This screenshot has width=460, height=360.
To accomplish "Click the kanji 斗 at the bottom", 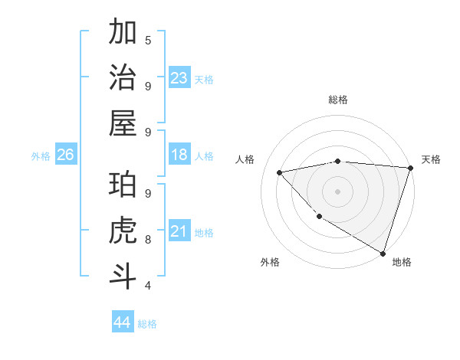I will [x=123, y=276].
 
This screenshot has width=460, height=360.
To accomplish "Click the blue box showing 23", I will [x=179, y=78].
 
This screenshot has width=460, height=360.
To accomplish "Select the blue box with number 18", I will [x=179, y=155].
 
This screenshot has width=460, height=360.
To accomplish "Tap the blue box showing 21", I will [x=179, y=232].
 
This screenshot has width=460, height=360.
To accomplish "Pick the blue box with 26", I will [x=65, y=155].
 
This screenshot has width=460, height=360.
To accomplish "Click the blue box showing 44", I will [x=122, y=322].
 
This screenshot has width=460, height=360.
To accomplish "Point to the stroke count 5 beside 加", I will [x=148, y=40].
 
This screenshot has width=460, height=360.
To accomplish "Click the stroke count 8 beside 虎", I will [x=148, y=239].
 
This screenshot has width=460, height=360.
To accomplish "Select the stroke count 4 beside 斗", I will [x=148, y=285].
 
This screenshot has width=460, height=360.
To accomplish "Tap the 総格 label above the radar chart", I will [x=338, y=100].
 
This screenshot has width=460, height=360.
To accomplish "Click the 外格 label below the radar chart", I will [x=270, y=262].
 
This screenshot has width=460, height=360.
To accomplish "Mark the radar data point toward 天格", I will [x=409, y=168].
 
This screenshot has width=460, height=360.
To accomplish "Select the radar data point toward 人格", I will [x=279, y=172].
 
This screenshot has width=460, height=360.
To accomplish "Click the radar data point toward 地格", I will [x=383, y=252].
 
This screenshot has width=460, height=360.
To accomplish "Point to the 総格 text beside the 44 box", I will [x=147, y=324].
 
